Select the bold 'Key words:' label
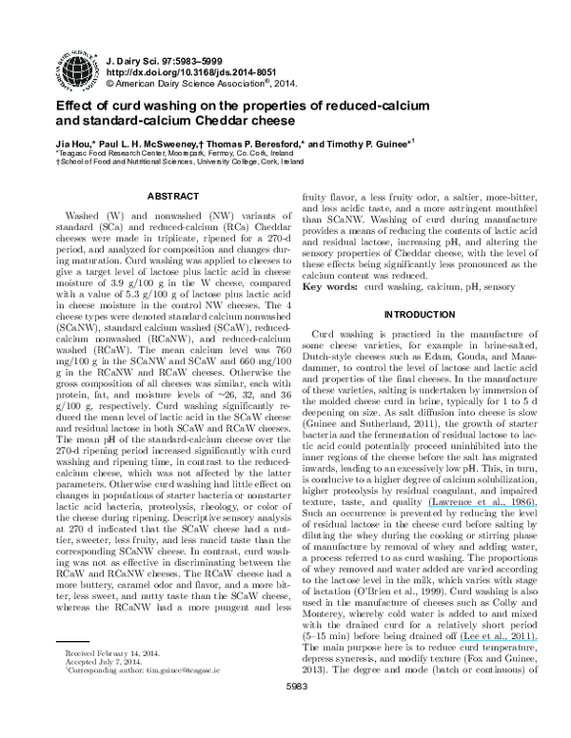click(329, 286)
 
